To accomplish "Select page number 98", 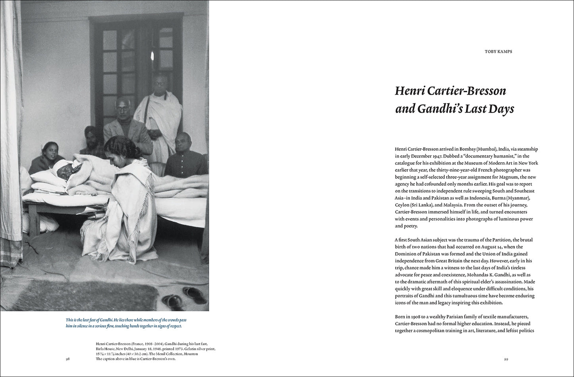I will pyautogui.click(x=68, y=359).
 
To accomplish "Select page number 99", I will pyautogui.click(x=506, y=359).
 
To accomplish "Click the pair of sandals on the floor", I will pyautogui.click(x=185, y=297).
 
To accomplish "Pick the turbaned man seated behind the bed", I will pyautogui.click(x=91, y=139).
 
